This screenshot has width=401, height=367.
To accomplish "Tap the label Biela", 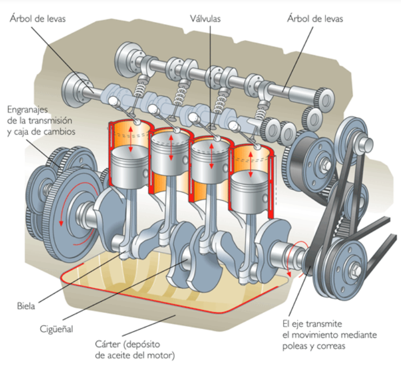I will [x=26, y=307].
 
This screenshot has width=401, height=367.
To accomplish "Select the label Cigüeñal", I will [x=57, y=328].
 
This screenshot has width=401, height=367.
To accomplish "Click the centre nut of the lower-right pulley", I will [x=354, y=266].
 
